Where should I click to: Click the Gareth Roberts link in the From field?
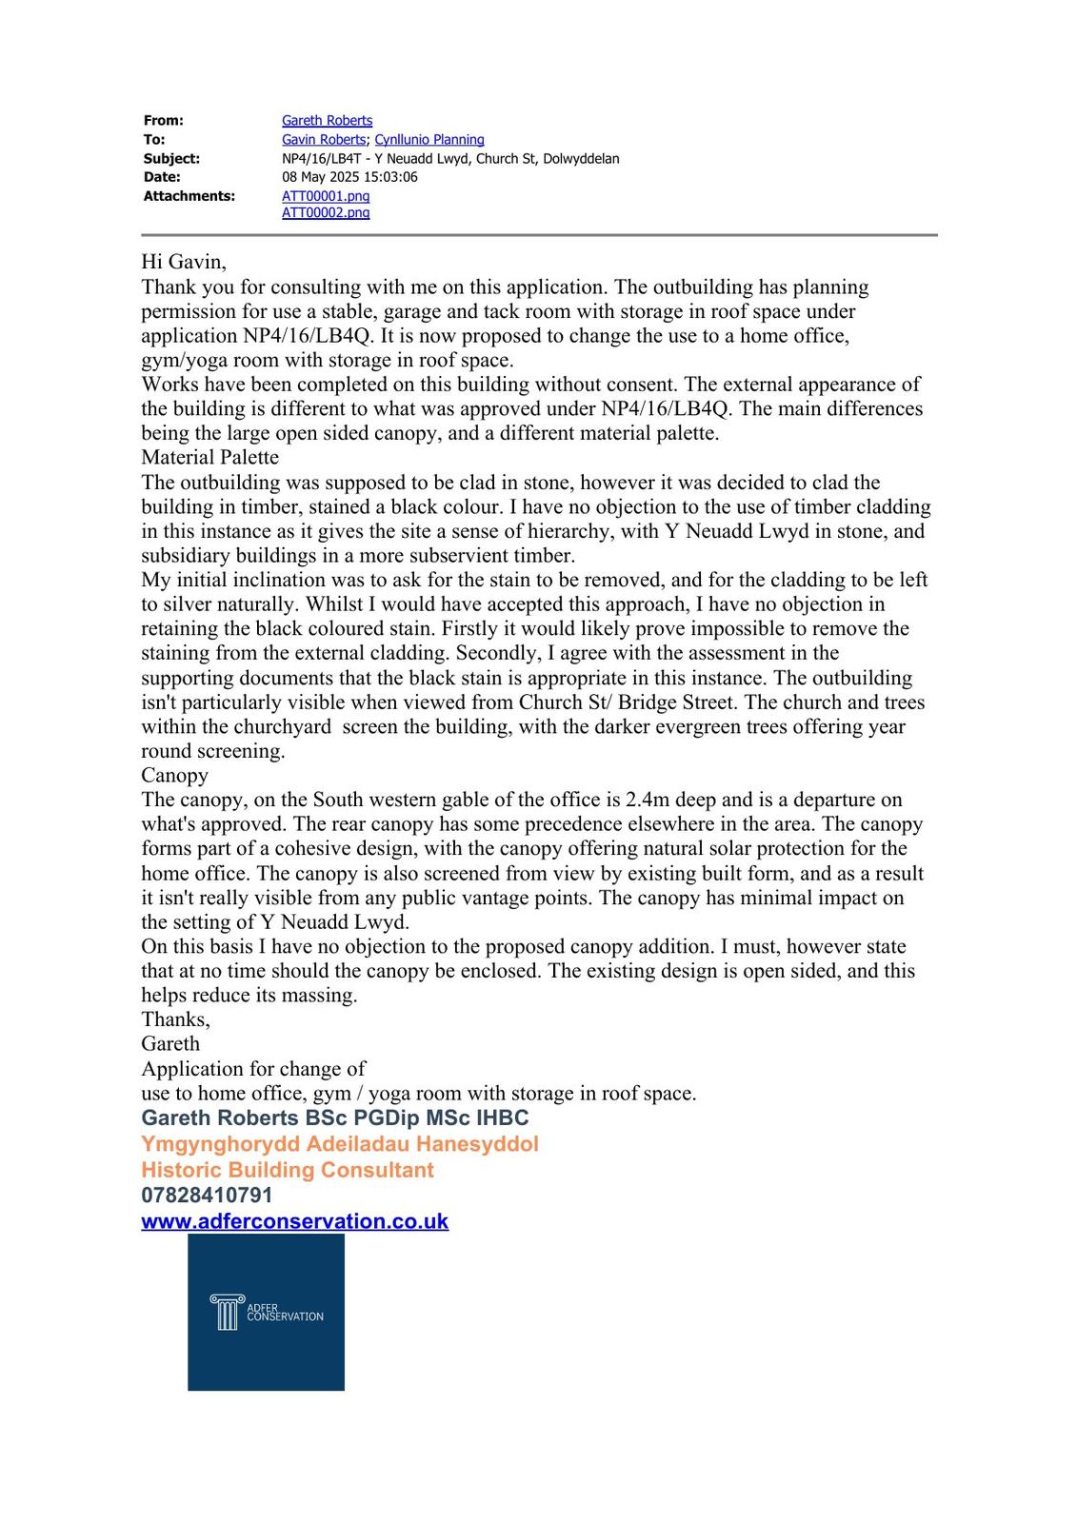coord(327,121)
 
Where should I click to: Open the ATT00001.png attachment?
coord(326,196)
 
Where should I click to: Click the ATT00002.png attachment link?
coord(326,213)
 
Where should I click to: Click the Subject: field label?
coord(171,159)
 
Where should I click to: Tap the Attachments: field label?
coord(189,196)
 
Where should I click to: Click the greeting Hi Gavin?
coord(184,262)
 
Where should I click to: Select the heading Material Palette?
coord(209,457)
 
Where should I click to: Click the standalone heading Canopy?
coord(174,775)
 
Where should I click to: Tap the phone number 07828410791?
coord(207,1195)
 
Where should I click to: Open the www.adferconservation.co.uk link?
coord(294,1221)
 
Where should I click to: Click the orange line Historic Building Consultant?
coord(287,1170)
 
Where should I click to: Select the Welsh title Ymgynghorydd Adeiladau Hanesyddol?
coord(339,1144)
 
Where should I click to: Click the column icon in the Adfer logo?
coord(226,1313)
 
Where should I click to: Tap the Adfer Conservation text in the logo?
coord(284,1313)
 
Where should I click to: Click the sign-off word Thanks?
coord(175,1019)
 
